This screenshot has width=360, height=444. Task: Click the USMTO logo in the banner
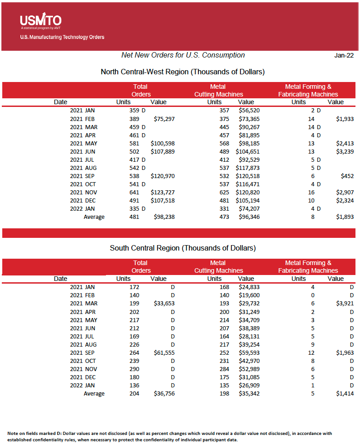point(40,21)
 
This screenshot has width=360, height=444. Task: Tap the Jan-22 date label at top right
point(344,55)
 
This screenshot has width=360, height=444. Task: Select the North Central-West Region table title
point(182,72)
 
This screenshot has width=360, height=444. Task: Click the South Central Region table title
point(182,248)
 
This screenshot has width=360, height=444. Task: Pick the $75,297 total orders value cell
point(163,119)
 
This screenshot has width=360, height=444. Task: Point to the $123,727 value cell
point(163,192)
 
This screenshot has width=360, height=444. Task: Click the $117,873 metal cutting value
point(247,168)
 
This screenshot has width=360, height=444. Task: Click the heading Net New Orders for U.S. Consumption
point(183,55)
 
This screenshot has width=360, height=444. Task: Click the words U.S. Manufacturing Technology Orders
point(62,37)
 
